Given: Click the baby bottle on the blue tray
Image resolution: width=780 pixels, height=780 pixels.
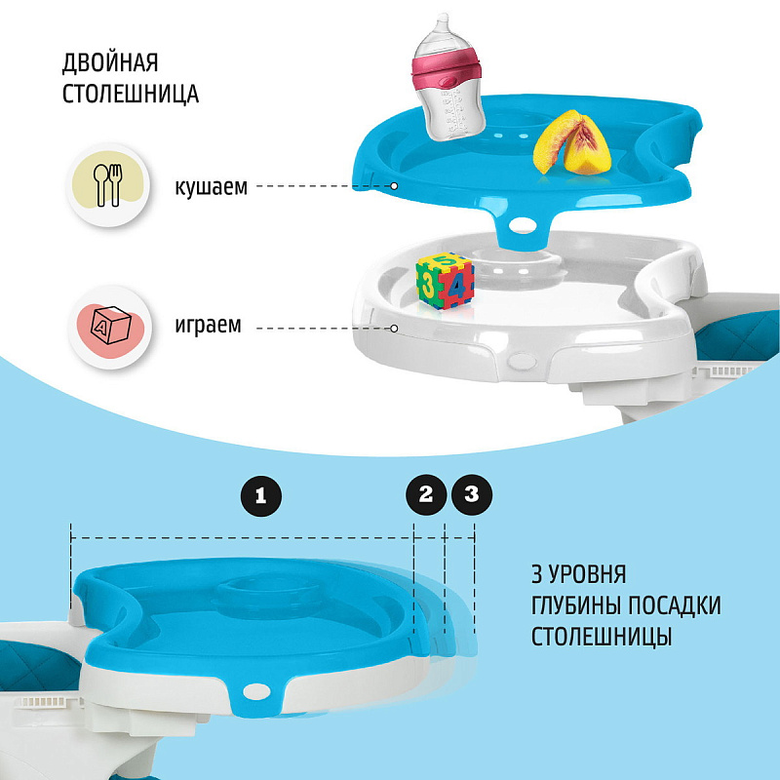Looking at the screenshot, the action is point(448,80).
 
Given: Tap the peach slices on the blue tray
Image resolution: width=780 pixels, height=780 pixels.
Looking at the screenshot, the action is point(572,143).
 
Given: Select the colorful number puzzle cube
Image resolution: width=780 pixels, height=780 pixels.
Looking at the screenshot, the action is point(445,281).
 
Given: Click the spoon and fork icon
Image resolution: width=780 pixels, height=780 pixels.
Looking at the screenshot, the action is point(108,185).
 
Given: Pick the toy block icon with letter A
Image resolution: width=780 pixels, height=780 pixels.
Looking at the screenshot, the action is point(109,327).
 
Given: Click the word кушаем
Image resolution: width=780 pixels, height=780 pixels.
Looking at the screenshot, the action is point(211,187).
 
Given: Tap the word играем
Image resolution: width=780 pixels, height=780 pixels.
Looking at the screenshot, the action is point(208,325).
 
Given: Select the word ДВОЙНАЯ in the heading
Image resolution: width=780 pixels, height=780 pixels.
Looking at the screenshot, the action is point(110,63).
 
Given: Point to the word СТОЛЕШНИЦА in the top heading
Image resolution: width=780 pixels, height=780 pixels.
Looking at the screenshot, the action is point(131,94).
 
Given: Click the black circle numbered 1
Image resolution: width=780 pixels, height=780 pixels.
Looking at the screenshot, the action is point(261,496).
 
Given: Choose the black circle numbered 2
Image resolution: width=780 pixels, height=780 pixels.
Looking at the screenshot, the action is point(426,494).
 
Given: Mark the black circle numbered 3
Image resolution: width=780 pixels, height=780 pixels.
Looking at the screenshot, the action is point(472,494).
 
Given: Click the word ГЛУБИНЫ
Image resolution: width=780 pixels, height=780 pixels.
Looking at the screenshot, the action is point(576,605).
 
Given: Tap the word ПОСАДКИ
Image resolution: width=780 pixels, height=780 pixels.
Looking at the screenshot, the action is point(675,605).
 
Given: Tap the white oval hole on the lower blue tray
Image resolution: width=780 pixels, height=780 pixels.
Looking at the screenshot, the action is point(256,691).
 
